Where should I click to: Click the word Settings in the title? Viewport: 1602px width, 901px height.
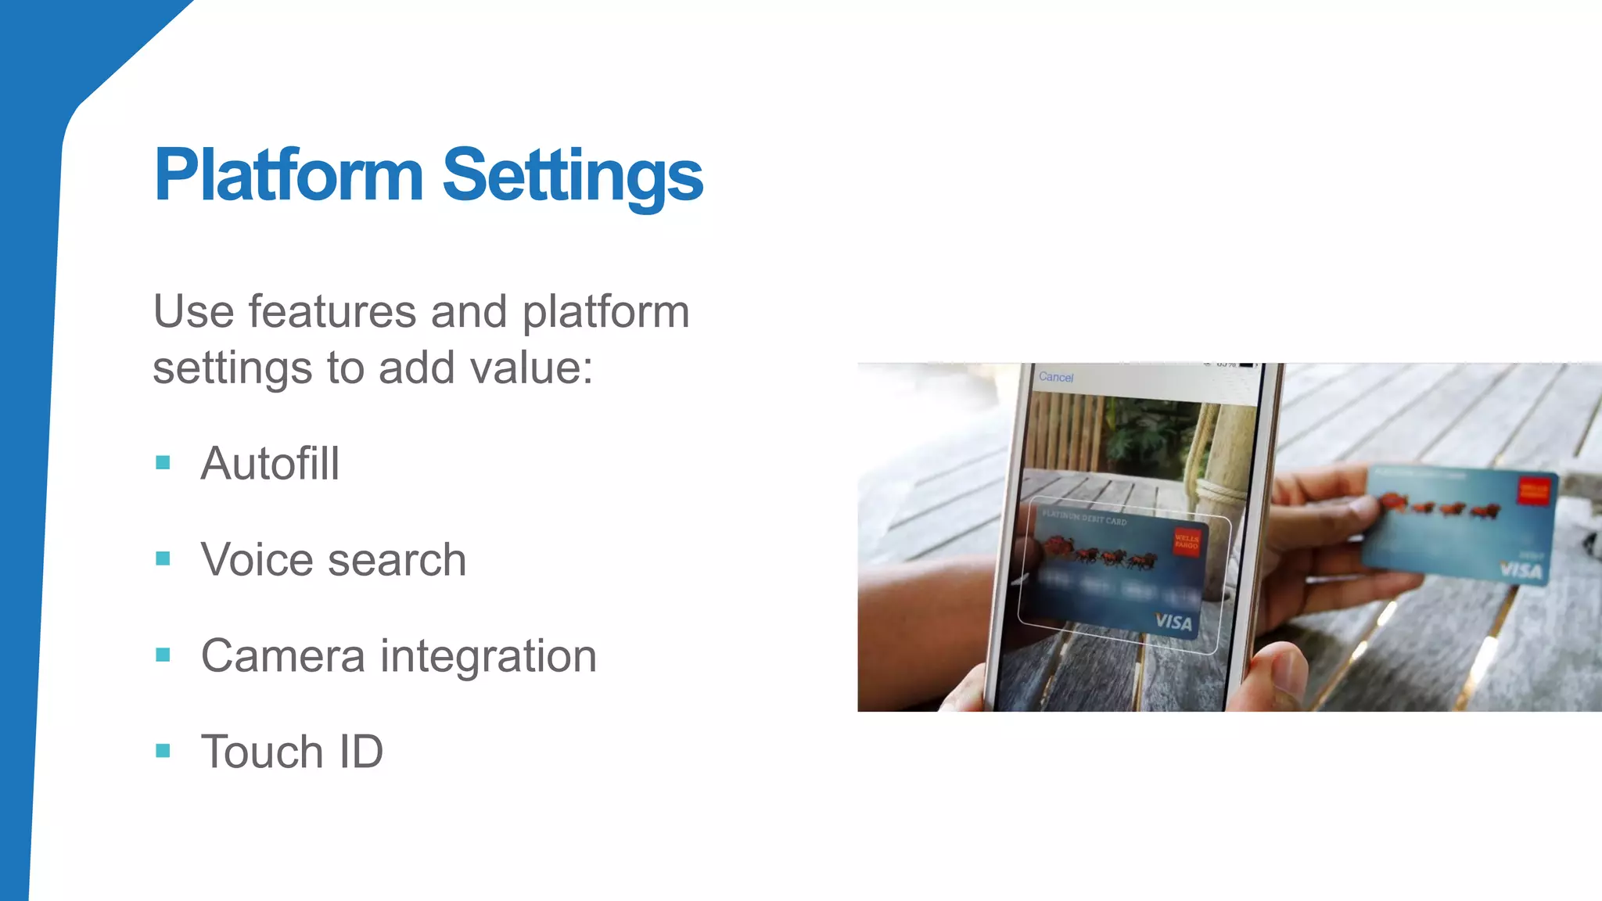coord(573,177)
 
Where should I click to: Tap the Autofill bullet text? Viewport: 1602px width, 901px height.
coord(270,463)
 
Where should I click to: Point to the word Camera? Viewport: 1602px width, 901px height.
coord(282,655)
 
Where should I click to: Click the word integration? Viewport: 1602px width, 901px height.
coord(488,655)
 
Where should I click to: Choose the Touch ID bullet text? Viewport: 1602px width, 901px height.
coord(292,752)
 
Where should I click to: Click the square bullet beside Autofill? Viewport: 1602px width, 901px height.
coord(163,462)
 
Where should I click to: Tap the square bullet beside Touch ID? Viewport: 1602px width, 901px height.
coord(163,751)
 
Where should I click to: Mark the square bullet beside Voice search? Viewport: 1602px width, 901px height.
coord(163,558)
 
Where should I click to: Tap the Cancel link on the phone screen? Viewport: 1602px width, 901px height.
coord(1056,377)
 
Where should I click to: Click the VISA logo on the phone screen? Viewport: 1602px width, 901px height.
coord(1173,622)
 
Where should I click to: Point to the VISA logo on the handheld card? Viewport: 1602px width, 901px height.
coord(1521,570)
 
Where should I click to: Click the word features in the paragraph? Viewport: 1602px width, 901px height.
coord(332,312)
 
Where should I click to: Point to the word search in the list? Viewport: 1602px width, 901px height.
coord(397,560)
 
